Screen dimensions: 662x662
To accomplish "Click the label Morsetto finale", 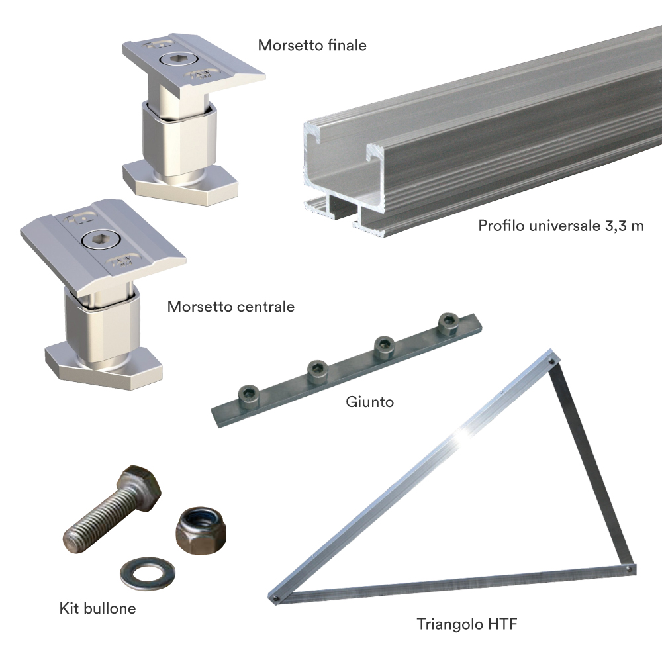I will point(312,46).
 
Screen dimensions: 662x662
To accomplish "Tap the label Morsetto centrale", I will point(230,307).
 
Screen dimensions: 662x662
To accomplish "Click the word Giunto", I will point(369,402).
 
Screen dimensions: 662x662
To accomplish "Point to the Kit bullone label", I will point(97,608).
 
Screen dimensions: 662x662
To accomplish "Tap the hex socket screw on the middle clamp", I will point(97,239).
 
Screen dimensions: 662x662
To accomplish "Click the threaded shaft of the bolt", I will point(93,520).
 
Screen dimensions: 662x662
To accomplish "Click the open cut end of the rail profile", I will point(344,172).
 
